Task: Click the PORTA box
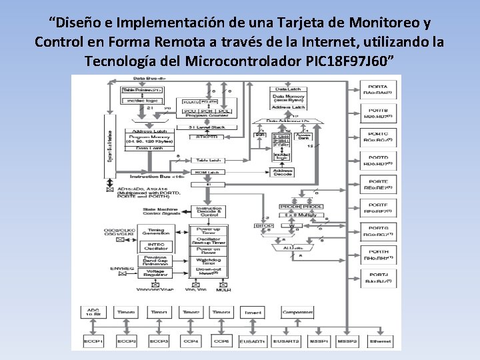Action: [x=377, y=89]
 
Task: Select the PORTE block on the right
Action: [x=377, y=184]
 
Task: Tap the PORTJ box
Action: [x=377, y=277]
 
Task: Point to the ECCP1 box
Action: [x=93, y=341]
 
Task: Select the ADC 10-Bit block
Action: [x=92, y=313]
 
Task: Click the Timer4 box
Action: [x=253, y=313]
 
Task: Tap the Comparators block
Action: [x=298, y=313]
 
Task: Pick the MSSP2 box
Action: [x=347, y=341]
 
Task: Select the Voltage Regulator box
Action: [x=155, y=273]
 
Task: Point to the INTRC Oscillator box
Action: [x=155, y=246]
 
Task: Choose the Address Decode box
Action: [x=282, y=173]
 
